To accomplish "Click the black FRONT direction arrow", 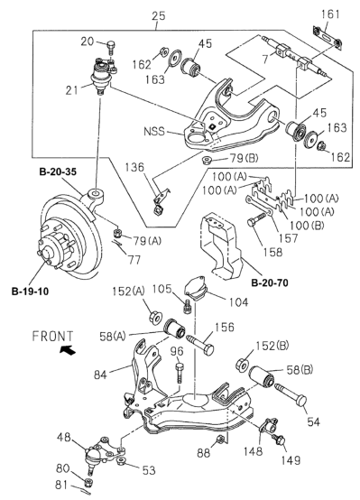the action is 68,350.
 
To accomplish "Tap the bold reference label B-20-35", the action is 58,171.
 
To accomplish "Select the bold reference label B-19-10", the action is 31,292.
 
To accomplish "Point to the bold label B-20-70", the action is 270,282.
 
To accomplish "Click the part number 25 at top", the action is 159,15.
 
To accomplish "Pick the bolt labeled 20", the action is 112,49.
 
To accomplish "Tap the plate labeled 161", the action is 328,37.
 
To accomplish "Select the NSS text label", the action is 154,131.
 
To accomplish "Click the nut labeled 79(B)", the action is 208,159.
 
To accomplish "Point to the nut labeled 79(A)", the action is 118,233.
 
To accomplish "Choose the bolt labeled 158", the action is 256,219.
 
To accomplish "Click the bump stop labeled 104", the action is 196,289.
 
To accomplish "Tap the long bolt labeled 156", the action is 201,344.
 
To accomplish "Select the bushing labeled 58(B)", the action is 262,376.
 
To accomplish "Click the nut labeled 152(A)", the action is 155,318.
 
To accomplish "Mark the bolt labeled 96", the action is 180,373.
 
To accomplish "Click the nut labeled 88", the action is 219,440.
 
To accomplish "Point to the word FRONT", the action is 52,337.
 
